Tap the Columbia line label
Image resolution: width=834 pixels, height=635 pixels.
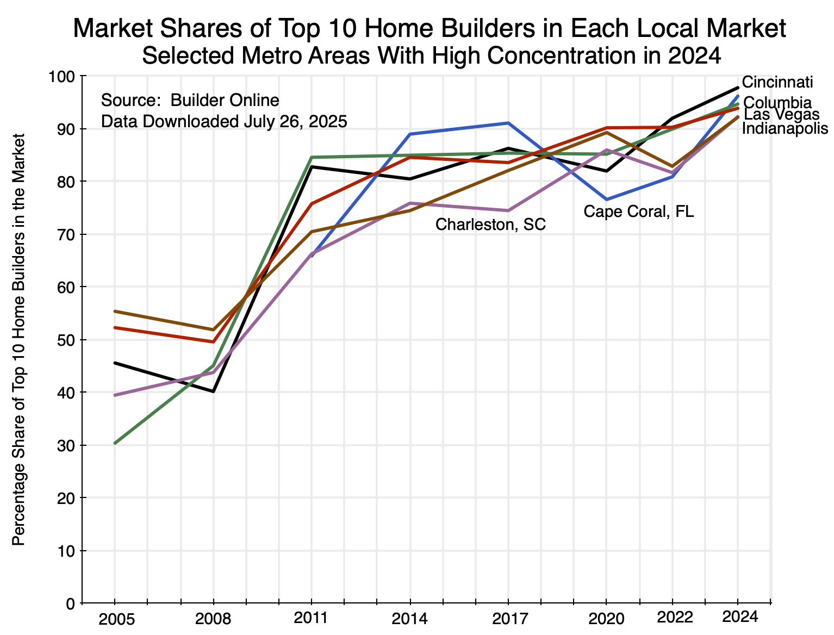point(777,103)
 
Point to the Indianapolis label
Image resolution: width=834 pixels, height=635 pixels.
point(785,129)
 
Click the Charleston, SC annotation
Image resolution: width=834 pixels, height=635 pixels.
point(490,225)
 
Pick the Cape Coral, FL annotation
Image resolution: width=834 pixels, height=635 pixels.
point(639,211)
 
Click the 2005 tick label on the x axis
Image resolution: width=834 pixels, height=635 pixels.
point(115,619)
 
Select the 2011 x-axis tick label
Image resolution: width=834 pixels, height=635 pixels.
point(311,618)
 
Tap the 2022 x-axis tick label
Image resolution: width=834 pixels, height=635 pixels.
point(675,617)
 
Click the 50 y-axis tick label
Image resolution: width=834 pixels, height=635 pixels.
point(70,340)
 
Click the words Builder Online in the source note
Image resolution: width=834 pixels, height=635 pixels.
point(225,101)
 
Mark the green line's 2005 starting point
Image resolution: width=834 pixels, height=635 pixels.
point(115,444)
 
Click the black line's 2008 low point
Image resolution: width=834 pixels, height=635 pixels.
point(214,391)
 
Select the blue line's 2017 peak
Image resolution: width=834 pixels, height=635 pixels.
point(508,123)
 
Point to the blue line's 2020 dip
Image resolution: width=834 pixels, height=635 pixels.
point(606,200)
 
